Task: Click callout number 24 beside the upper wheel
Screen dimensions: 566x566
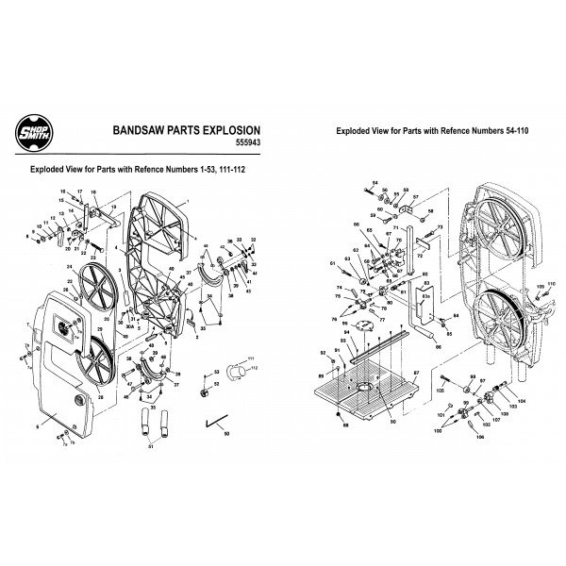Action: click(x=69, y=267)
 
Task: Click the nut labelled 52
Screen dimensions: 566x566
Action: click(x=204, y=389)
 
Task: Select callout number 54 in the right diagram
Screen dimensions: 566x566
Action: click(x=375, y=181)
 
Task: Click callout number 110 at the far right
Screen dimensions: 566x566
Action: click(x=553, y=284)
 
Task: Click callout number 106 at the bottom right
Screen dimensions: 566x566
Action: click(x=479, y=437)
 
